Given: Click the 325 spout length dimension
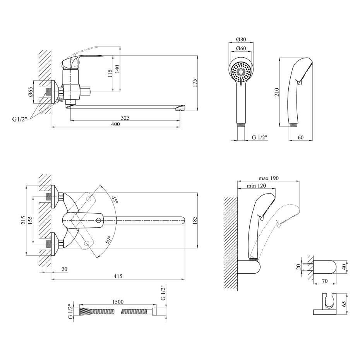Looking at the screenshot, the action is point(125,118).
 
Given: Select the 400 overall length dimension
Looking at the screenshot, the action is point(115,124).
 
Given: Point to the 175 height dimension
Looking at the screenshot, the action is point(195,83).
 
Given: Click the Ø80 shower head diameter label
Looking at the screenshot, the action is point(241,39).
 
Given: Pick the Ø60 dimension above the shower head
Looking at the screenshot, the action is point(241,48).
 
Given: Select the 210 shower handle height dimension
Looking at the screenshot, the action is point(276,92).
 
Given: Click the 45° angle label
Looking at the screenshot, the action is point(115,199).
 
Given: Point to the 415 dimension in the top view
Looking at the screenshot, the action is point(118,276).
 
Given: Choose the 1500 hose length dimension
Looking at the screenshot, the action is point(118,302).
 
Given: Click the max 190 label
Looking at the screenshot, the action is point(268,178).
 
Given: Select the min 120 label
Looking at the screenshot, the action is point(256,185).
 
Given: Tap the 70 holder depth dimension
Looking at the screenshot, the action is point(325,281).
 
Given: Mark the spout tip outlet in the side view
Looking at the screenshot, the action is point(180,110).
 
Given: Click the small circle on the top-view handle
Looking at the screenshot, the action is point(99,221).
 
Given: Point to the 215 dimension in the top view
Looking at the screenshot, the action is point(22,220).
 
